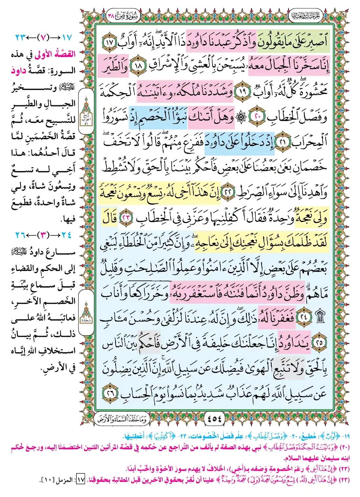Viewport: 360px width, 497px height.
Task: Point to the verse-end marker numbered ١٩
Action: (x=243, y=91)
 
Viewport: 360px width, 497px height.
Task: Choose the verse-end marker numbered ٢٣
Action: (x=126, y=218)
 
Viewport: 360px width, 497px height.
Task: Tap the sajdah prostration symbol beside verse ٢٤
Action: (x=320, y=317)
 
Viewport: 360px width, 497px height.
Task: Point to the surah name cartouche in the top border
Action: (x=123, y=15)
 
